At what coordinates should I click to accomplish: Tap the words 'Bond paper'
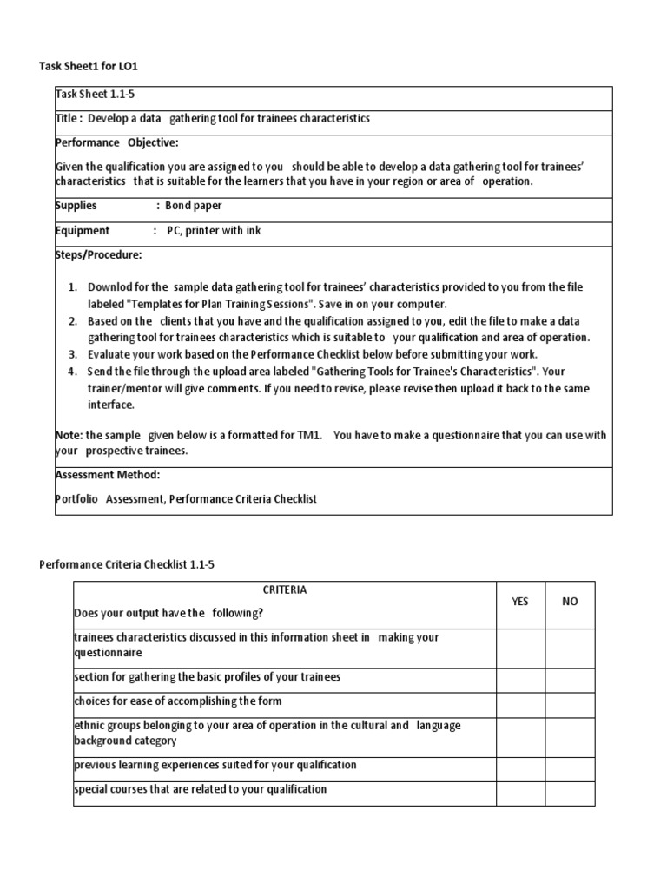pos(194,206)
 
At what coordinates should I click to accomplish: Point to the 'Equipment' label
pos(83,231)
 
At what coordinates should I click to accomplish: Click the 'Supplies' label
pos(76,206)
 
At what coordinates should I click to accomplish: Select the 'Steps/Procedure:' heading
pos(97,255)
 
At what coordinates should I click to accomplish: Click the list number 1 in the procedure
pos(72,287)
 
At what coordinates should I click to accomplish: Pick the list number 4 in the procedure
pos(72,372)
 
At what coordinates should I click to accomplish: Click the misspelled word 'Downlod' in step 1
pos(109,287)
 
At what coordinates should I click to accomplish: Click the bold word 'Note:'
pos(69,435)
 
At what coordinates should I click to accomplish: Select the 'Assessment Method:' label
pos(107,475)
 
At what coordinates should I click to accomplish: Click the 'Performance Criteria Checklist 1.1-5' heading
pos(127,564)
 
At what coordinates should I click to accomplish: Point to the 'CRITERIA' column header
pos(284,590)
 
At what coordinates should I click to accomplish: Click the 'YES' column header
pos(519,602)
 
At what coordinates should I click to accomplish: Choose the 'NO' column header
pos(570,602)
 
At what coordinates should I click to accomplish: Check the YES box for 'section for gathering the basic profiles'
pos(519,676)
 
